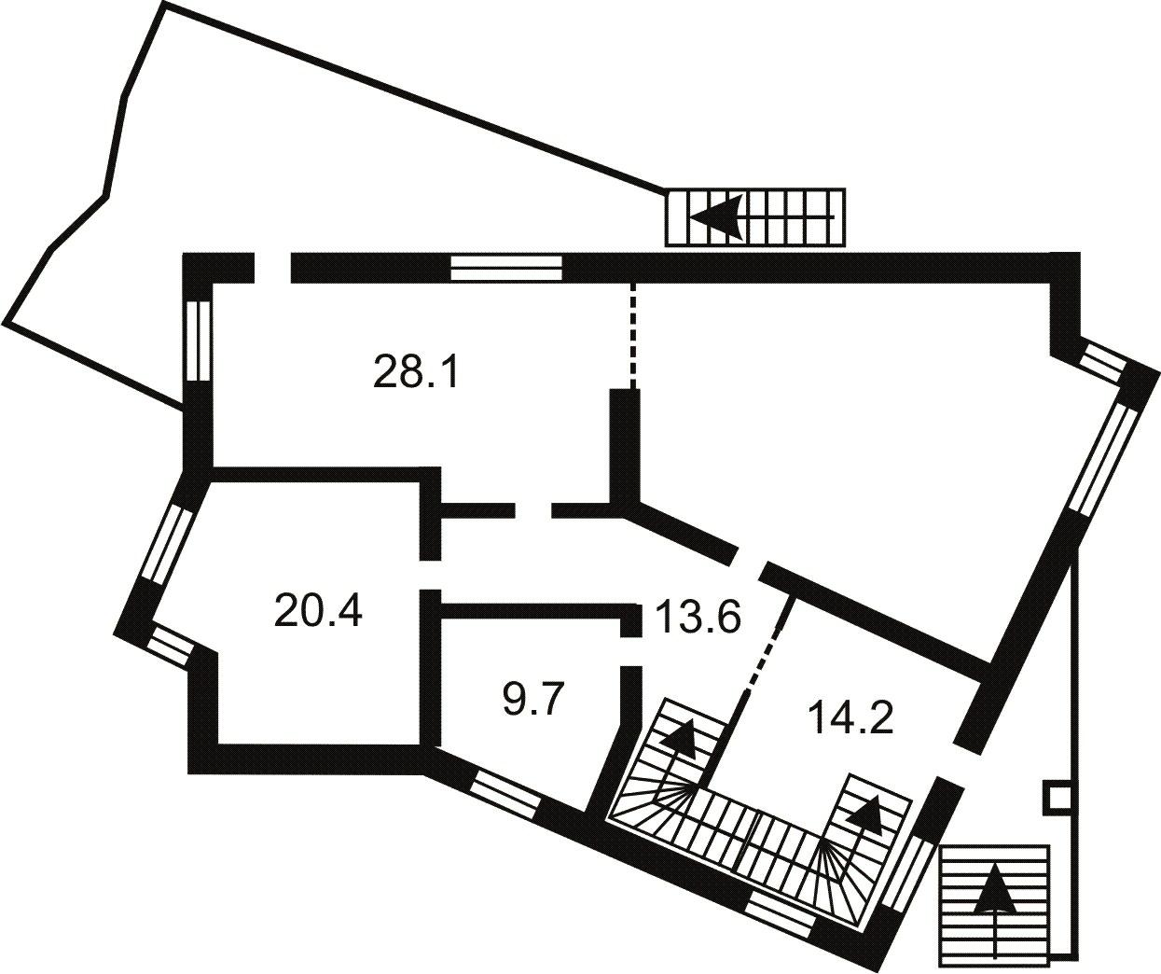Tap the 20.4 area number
[318, 610]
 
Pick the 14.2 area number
[850, 717]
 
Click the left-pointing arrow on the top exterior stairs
[762, 217]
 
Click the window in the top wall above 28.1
[506, 268]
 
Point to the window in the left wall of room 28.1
[198, 341]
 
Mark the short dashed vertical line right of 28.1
[631, 335]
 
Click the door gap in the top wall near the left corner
[272, 268]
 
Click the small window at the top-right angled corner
[1102, 363]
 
